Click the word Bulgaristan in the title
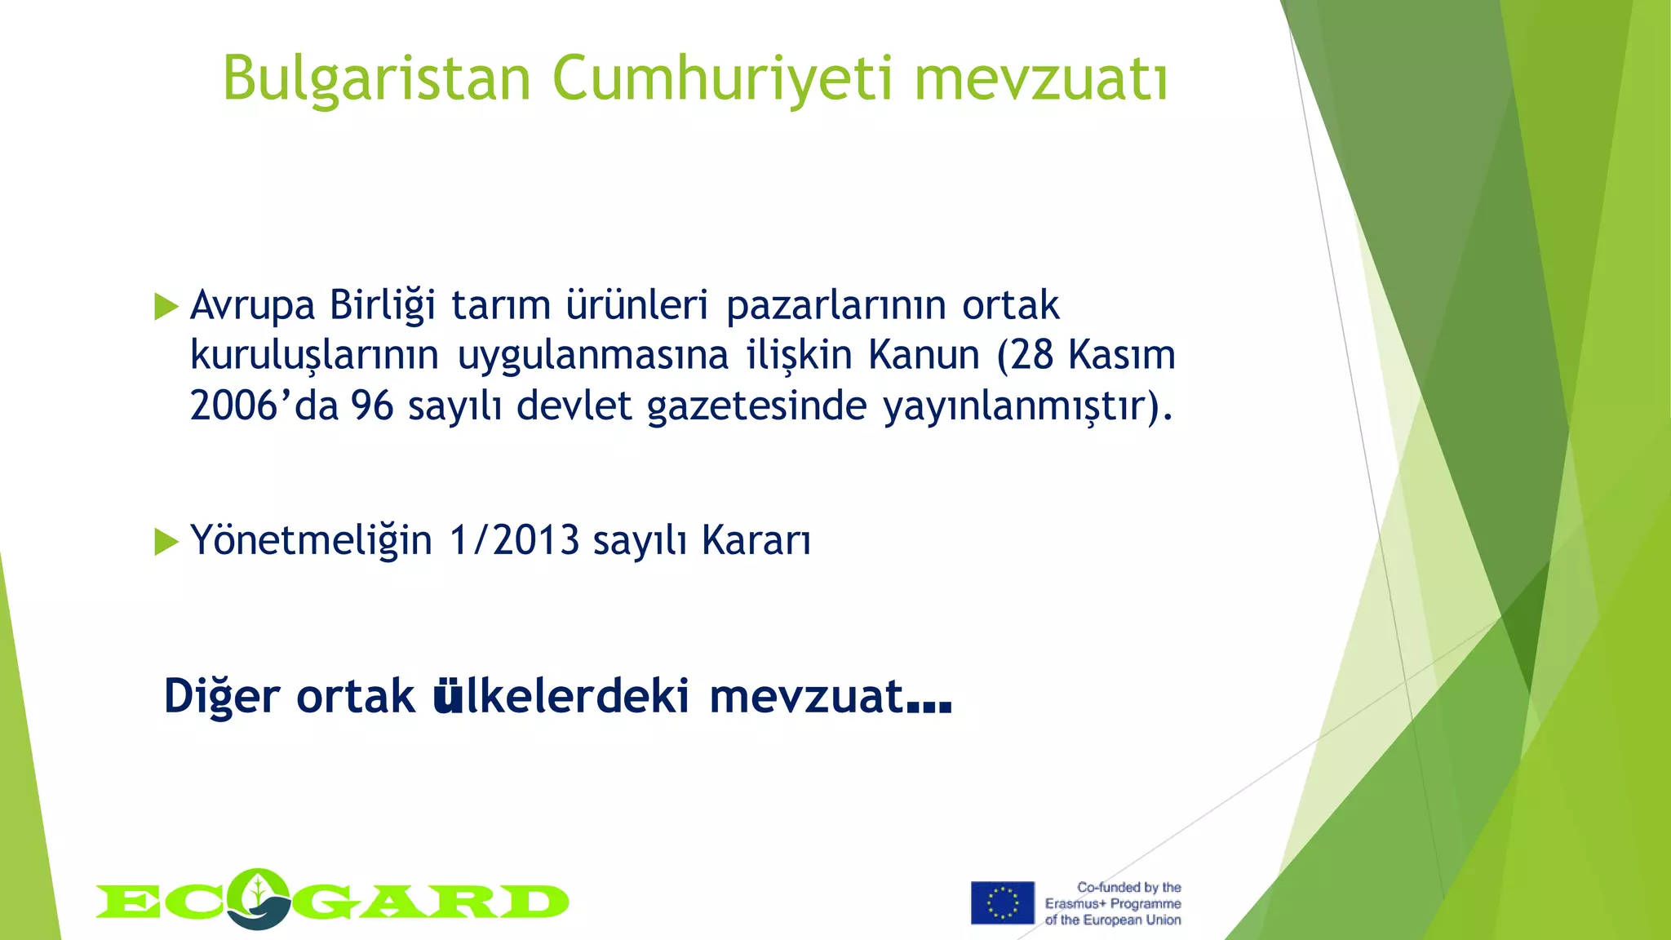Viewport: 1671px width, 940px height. [377, 79]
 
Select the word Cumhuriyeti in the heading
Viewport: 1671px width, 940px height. [723, 79]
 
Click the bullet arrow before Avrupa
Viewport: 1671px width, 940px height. [166, 307]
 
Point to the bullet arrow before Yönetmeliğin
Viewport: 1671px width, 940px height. [166, 541]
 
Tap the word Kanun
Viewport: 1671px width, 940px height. [924, 356]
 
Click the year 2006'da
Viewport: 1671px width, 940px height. [264, 406]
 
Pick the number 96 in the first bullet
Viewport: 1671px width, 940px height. [372, 406]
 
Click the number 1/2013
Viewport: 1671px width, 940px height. [514, 541]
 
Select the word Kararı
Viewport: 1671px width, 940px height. [756, 541]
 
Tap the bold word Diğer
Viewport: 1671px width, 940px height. [222, 698]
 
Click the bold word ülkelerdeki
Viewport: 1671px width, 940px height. [561, 696]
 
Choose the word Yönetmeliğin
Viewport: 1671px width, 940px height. [311, 541]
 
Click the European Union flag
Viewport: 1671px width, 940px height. [1002, 902]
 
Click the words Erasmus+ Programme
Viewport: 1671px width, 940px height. [1113, 903]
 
